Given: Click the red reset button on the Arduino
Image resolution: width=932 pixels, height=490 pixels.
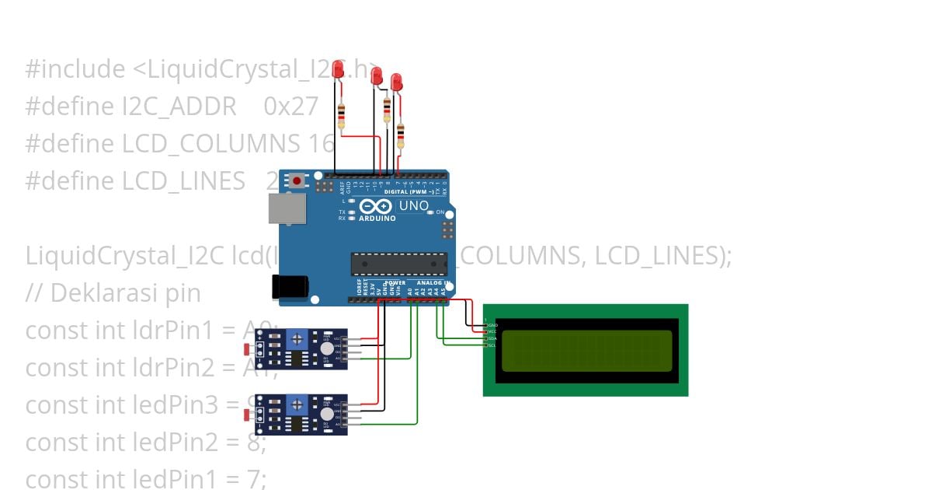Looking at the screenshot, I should pyautogui.click(x=297, y=181).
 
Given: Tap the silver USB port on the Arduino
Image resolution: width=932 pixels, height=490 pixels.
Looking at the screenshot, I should pyautogui.click(x=287, y=208).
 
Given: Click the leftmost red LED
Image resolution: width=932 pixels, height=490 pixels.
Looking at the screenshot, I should pyautogui.click(x=338, y=71).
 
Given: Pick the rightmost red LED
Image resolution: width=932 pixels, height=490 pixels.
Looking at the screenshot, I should pyautogui.click(x=396, y=82).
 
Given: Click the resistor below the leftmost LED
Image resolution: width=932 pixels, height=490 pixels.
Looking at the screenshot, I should pyautogui.click(x=340, y=117).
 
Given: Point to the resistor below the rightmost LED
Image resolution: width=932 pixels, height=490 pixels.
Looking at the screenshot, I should pyautogui.click(x=401, y=135).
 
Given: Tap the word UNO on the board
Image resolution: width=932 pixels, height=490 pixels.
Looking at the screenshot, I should pyautogui.click(x=413, y=206).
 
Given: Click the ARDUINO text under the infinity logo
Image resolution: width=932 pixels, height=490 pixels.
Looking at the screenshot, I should pyautogui.click(x=377, y=219).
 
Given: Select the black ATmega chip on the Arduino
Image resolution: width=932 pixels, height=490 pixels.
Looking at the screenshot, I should pyautogui.click(x=398, y=264).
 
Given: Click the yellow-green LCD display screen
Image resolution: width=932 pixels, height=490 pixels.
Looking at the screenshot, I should pyautogui.click(x=586, y=350).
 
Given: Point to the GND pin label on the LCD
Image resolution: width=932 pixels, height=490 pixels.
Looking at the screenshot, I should pyautogui.click(x=492, y=324).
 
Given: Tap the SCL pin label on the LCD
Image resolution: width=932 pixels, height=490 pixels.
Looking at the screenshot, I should pyautogui.click(x=492, y=345).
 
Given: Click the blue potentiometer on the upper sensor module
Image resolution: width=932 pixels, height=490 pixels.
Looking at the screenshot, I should pyautogui.click(x=295, y=338).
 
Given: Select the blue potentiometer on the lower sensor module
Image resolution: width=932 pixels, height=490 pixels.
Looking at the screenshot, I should pyautogui.click(x=295, y=404).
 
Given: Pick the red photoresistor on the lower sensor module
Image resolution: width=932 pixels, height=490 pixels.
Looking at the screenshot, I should pyautogui.click(x=248, y=415).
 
